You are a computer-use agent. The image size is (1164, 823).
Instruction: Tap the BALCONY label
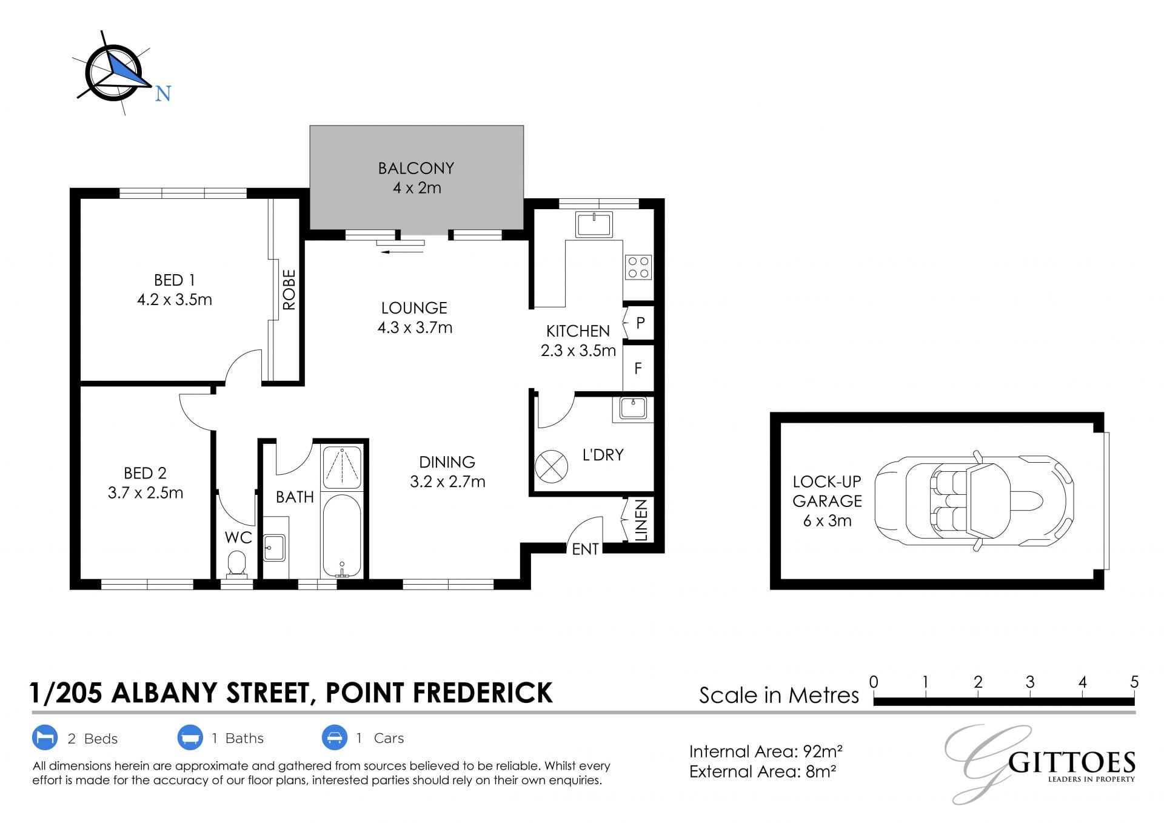416,168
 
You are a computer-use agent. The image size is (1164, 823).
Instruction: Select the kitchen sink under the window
594,224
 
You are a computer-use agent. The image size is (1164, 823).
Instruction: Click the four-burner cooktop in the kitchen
638,267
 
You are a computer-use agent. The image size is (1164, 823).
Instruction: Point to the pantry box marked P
639,322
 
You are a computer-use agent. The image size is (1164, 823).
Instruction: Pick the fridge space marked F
638,368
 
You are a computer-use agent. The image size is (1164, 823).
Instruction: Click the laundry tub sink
633,408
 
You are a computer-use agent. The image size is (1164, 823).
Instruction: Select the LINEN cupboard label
641,520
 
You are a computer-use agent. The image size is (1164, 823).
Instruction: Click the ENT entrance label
585,549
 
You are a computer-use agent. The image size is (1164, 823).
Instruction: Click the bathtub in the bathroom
342,536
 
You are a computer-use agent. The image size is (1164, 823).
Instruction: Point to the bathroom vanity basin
275,548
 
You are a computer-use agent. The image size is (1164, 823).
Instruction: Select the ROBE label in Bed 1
289,290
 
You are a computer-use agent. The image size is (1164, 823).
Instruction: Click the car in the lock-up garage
974,501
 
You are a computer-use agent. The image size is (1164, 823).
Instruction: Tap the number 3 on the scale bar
1030,682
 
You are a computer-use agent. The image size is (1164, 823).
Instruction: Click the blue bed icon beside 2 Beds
44,738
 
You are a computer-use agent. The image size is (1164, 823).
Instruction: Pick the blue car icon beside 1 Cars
334,738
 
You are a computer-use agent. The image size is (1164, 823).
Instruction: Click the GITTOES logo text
1071,762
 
